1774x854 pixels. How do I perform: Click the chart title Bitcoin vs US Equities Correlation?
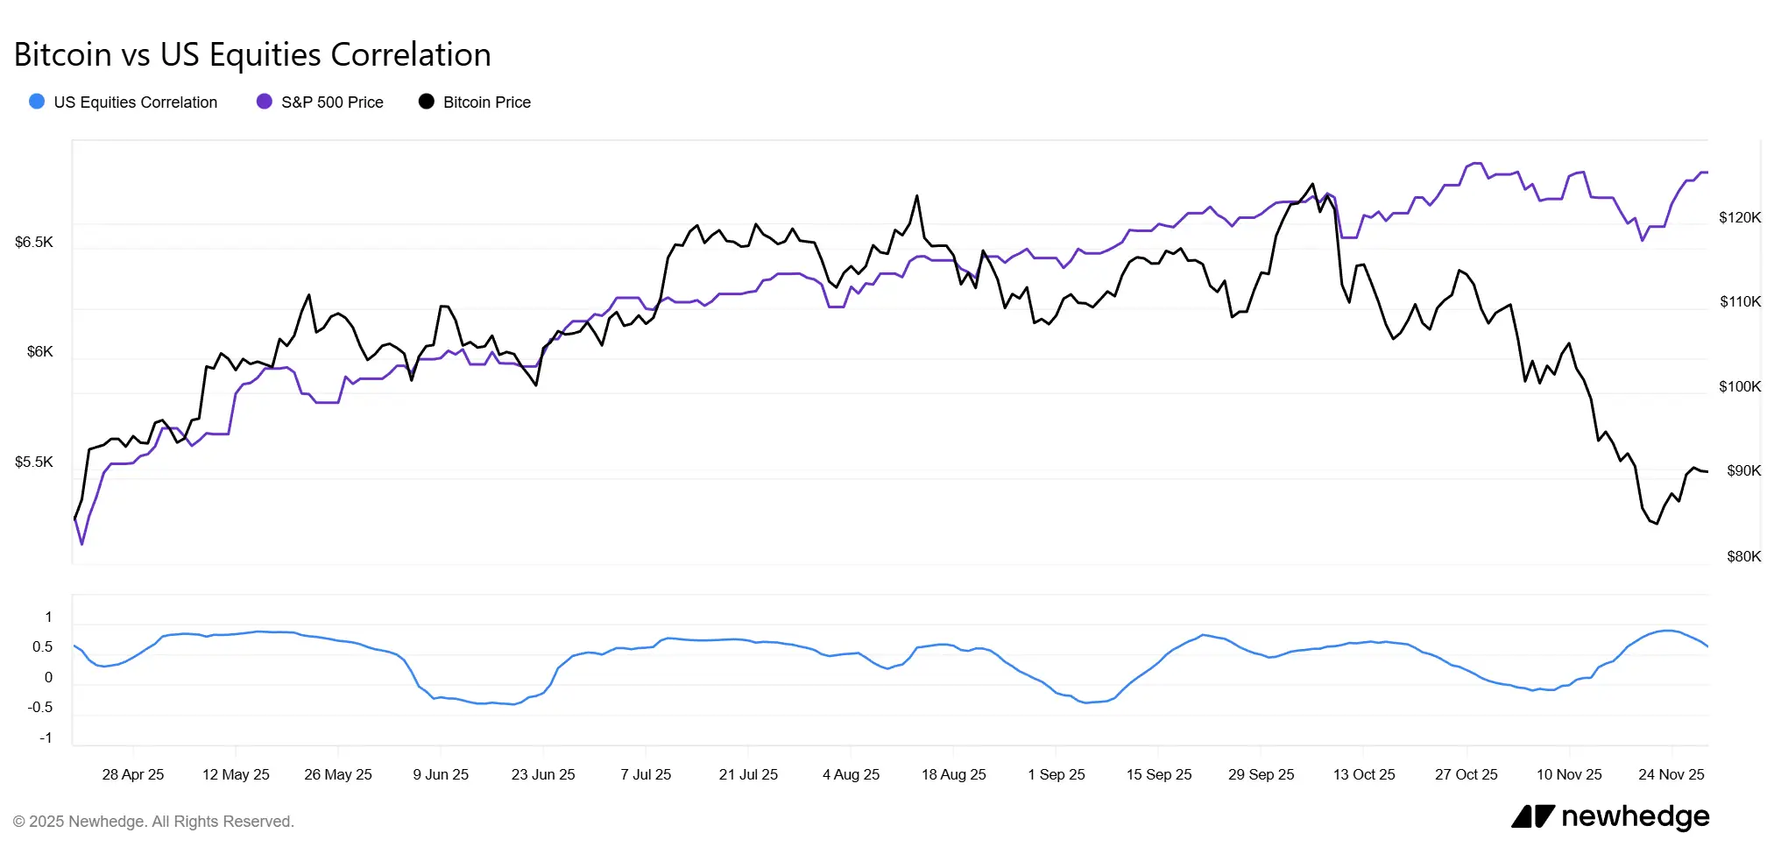pos(252,54)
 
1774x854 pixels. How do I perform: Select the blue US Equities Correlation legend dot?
pos(37,102)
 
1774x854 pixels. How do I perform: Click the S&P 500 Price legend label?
pos(332,102)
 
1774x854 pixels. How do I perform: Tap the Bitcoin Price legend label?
pos(486,102)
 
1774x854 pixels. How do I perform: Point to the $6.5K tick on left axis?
pos(34,242)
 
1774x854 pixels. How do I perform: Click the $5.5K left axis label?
pos(34,462)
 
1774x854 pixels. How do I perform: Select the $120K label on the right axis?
pos(1739,217)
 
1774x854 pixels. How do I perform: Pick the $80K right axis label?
pos(1742,556)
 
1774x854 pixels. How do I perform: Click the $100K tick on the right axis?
pos(1739,386)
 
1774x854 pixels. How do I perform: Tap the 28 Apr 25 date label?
pos(133,774)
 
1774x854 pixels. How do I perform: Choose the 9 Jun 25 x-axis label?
pos(441,774)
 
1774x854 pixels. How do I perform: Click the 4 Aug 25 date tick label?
pos(851,774)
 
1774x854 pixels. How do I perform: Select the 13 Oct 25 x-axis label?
pos(1363,774)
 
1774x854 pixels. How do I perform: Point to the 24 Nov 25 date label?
pos(1671,774)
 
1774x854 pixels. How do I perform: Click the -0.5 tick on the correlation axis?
pos(39,707)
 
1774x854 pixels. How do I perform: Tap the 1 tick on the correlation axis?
pos(48,617)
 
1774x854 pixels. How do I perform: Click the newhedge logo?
pos(1610,816)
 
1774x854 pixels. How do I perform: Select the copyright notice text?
pos(153,822)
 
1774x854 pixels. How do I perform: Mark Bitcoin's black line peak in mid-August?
pos(917,196)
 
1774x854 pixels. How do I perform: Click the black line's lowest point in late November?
pos(1657,524)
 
